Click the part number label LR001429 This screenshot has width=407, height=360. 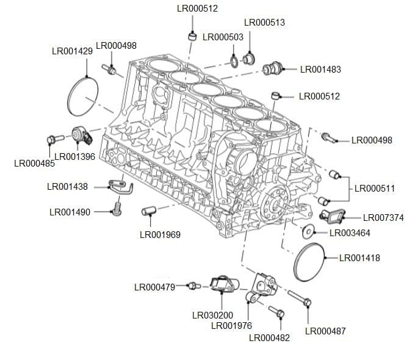point(72,51)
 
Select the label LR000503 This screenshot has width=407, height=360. point(223,37)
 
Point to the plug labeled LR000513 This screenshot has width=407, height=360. point(248,59)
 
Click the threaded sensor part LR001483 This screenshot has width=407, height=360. point(272,69)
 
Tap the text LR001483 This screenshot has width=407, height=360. point(320,70)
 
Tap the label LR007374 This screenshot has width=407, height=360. point(383,218)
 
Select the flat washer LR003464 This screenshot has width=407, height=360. point(308,231)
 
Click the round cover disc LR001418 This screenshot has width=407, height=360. point(309,262)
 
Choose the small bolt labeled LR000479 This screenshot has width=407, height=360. point(193,286)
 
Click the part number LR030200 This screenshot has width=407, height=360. point(212,315)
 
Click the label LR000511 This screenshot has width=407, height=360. point(375,189)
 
